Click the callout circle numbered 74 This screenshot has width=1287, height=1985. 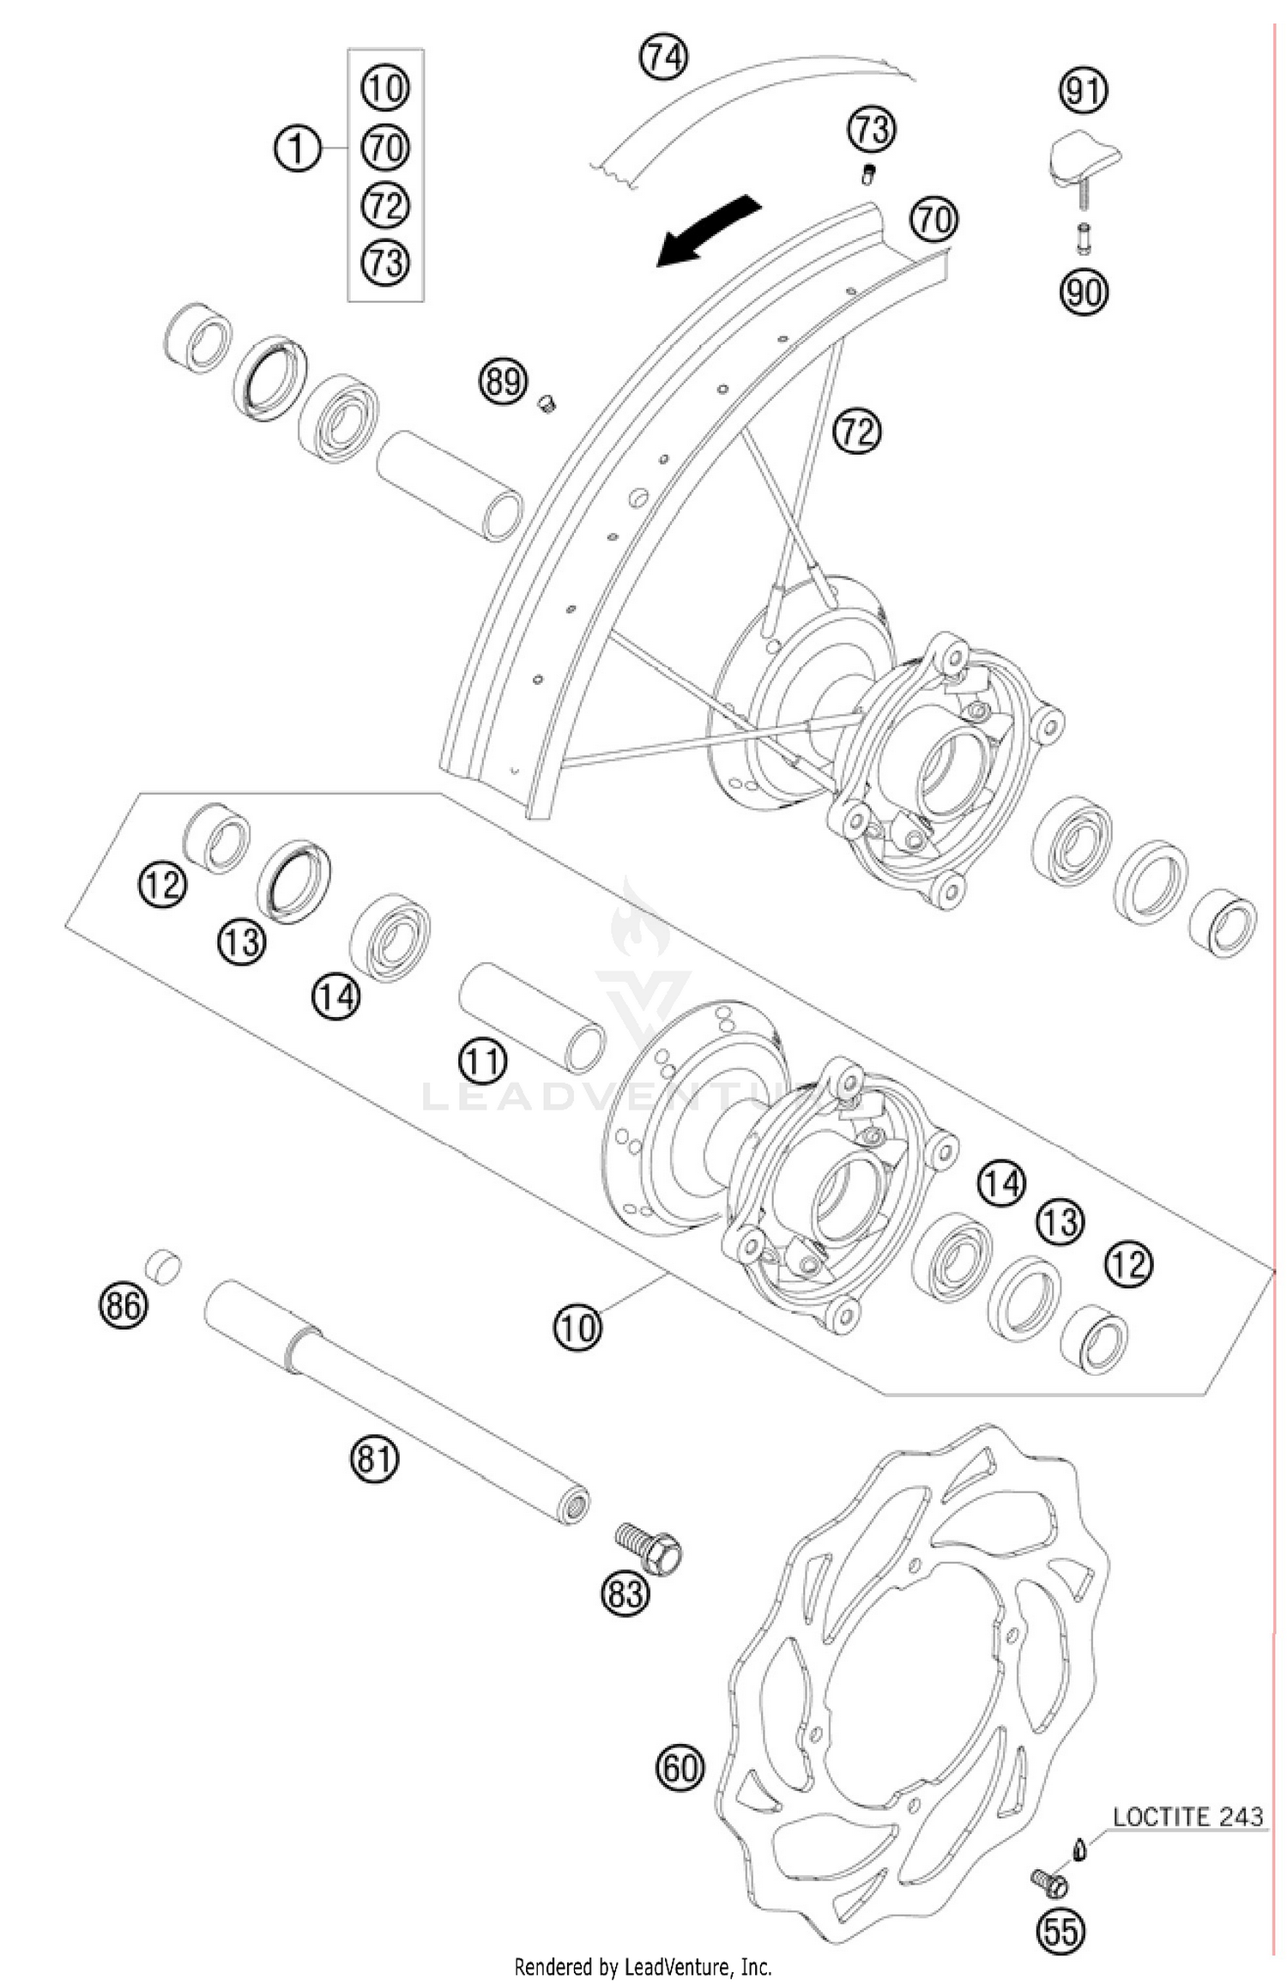(x=664, y=57)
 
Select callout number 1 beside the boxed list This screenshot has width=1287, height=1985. (x=296, y=149)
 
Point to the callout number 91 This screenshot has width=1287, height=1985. (x=1084, y=90)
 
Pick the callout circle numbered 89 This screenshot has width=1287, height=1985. (x=503, y=380)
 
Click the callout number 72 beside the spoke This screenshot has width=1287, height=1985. (x=857, y=431)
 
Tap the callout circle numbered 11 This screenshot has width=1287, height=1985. (x=482, y=1062)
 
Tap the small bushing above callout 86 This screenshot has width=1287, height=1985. (x=162, y=1267)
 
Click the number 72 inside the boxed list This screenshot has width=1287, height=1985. (x=385, y=205)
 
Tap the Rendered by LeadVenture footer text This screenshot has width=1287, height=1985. (x=643, y=1965)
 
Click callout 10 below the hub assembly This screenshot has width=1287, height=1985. (x=577, y=1327)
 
